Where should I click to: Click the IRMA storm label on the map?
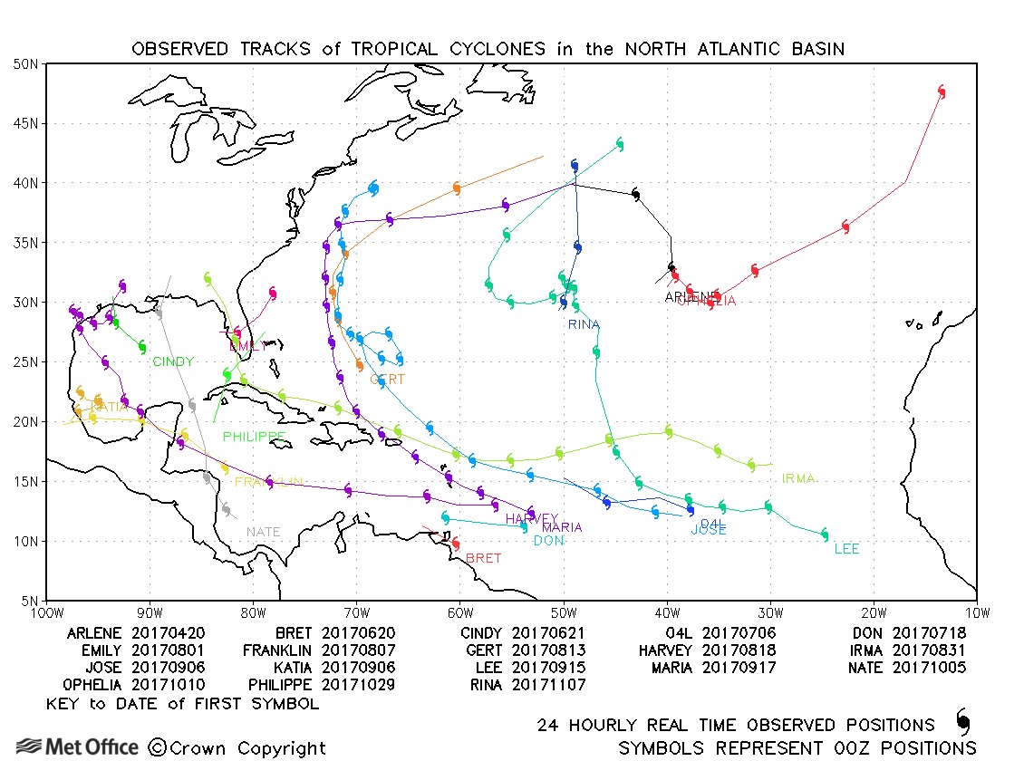click(798, 478)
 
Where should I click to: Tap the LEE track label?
click(846, 549)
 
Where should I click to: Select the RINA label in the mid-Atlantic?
click(584, 324)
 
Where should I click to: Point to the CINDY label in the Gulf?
click(172, 362)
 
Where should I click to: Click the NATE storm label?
click(264, 532)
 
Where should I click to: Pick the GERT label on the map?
click(387, 380)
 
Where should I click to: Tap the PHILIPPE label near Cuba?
click(255, 437)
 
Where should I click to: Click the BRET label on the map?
click(483, 558)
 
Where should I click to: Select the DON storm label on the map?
click(548, 541)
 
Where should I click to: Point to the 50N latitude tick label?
click(25, 63)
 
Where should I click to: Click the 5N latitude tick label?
click(29, 601)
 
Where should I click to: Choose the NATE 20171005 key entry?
click(909, 668)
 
